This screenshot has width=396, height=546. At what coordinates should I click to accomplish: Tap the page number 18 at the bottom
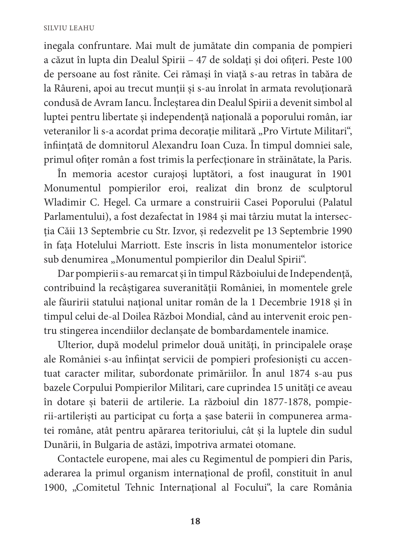tap(196, 521)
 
